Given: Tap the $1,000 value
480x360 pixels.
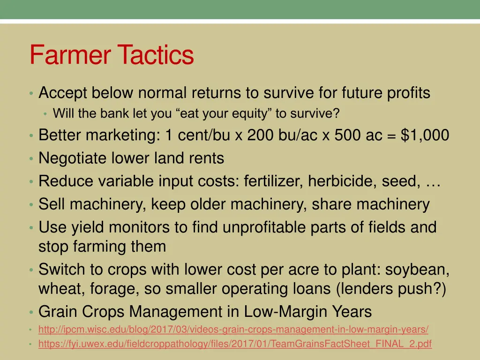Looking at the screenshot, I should [425, 135].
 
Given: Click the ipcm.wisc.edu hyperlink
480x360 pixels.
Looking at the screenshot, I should [233, 330].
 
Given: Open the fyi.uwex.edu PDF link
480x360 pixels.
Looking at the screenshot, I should [235, 345].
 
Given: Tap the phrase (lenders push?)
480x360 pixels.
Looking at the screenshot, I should [391, 289].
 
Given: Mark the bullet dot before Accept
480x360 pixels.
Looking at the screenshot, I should [30, 94].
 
